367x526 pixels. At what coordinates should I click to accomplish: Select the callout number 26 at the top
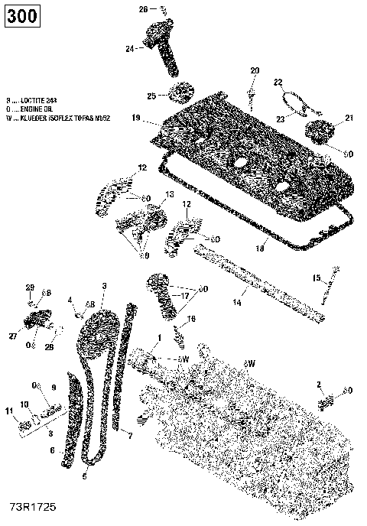[x=142, y=9]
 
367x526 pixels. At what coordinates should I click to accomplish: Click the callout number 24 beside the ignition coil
[x=129, y=48]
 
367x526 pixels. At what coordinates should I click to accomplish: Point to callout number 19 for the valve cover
[x=135, y=119]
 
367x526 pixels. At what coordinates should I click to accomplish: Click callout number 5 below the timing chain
[x=85, y=476]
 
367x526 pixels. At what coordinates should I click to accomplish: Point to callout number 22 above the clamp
[x=278, y=82]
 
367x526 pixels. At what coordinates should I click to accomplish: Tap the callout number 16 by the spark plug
[x=192, y=318]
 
